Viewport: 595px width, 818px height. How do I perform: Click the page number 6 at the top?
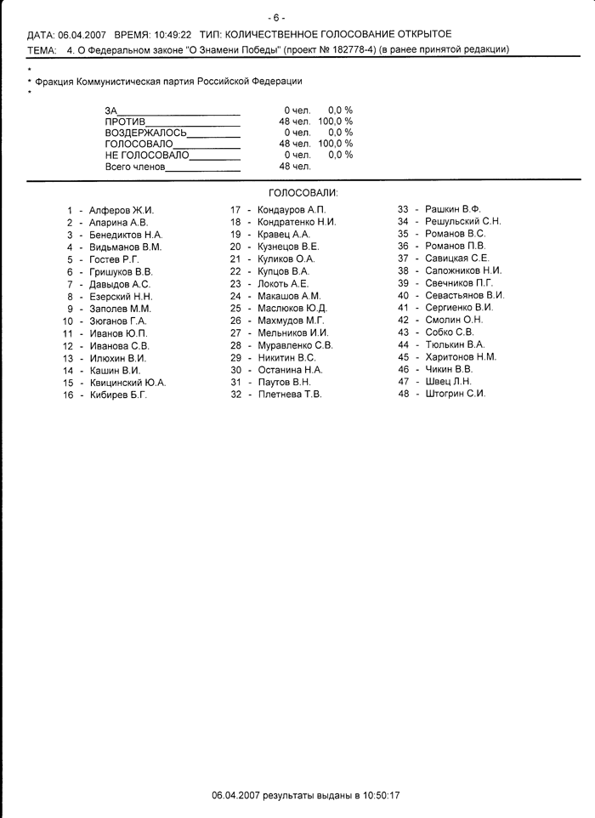pyautogui.click(x=276, y=17)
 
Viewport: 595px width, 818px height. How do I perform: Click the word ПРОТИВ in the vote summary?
pyautogui.click(x=125, y=122)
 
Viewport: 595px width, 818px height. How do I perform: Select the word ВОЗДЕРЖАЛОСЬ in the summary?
pyautogui.click(x=145, y=133)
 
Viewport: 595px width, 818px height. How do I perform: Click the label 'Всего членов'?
pyautogui.click(x=135, y=167)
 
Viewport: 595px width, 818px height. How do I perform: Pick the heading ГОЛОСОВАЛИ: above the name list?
pyautogui.click(x=303, y=194)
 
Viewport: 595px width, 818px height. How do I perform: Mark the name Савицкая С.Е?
pyautogui.click(x=457, y=258)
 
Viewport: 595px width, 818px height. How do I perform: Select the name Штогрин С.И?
pyautogui.click(x=456, y=394)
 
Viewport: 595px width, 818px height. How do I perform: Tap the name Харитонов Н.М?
pyautogui.click(x=461, y=357)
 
